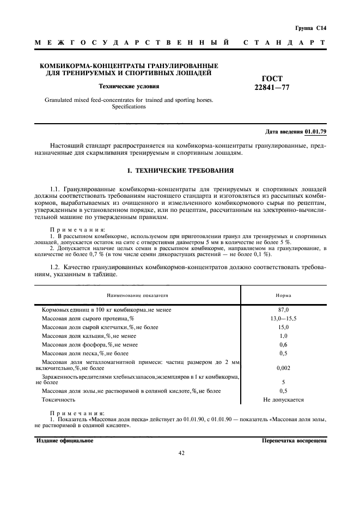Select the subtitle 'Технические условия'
(x=129, y=86)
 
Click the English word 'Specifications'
(x=129, y=107)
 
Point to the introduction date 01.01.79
(x=315, y=132)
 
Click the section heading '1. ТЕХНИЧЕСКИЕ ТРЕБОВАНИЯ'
(x=180, y=171)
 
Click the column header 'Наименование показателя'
(x=138, y=295)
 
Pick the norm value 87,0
(x=283, y=309)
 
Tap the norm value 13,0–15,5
(x=283, y=318)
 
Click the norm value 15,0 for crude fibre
(x=283, y=327)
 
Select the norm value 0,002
(x=283, y=368)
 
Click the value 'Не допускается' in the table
(x=283, y=399)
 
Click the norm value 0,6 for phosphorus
(x=283, y=344)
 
